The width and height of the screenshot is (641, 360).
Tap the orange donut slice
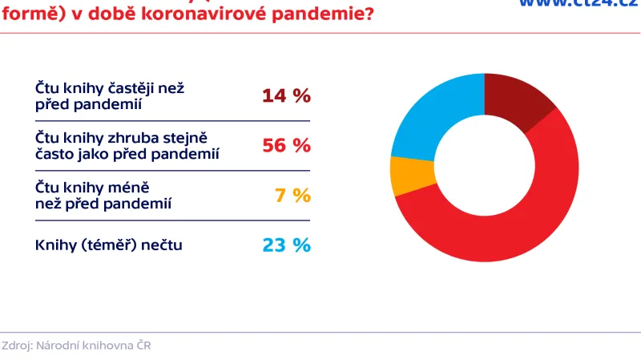coord(401,176)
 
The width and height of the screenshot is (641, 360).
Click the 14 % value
coord(286,95)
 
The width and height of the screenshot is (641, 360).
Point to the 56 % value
coord(286,145)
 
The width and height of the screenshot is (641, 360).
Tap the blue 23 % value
coord(286,245)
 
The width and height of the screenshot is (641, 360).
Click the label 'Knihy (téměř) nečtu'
coord(109,245)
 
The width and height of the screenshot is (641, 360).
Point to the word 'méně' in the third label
coord(129,188)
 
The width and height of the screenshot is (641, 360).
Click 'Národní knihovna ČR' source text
coord(99,346)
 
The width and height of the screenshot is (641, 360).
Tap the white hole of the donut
coord(484,167)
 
